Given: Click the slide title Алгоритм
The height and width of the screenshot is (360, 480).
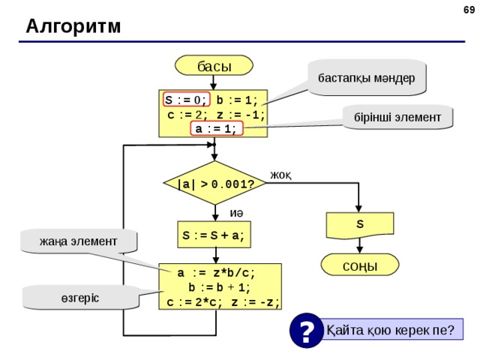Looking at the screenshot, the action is point(73,26).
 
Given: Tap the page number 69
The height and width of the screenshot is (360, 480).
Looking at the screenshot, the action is point(469,10).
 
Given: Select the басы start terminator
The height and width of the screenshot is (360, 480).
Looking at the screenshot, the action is point(214,65).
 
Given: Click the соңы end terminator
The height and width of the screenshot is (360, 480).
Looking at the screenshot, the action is point(360,265).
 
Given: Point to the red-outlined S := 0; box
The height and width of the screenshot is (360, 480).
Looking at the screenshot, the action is point(187,100).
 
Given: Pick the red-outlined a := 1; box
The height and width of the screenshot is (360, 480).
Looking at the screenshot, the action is point(217,128).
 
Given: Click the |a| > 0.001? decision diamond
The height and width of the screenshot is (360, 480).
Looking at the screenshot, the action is point(215,183).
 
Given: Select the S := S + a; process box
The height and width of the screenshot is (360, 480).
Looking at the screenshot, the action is point(214,235).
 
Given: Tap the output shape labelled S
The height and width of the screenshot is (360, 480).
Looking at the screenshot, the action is point(360,225).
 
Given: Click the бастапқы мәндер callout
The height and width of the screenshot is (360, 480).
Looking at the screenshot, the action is point(367,78).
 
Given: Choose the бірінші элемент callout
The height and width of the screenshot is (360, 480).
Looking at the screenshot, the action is point(397,117).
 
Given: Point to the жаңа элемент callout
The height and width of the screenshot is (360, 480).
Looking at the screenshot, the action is point(78,241).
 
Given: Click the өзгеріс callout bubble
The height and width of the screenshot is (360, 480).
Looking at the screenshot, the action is point(80,298).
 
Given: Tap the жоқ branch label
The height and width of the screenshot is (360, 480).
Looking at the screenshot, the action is point(280,175).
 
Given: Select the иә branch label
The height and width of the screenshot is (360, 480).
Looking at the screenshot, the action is point(236,213).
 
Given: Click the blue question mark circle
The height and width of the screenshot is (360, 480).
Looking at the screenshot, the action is point(307,330).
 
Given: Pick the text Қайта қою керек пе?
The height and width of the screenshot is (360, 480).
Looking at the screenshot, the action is point(390,330).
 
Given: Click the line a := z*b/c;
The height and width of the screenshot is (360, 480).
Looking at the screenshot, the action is point(216,273).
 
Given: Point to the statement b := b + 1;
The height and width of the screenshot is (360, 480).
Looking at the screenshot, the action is point(219,287).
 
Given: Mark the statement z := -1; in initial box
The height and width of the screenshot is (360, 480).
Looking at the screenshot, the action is point(241,115).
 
